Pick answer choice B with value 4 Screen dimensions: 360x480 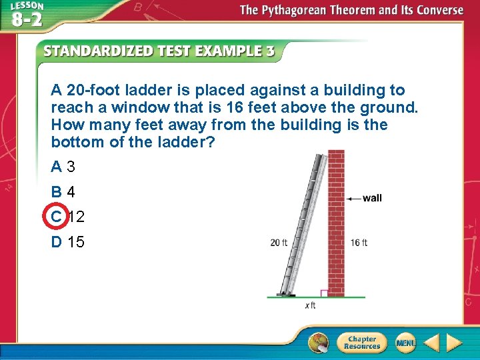click(x=63, y=192)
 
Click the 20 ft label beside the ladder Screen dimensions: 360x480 click(x=279, y=243)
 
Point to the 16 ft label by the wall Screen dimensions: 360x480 click(x=359, y=243)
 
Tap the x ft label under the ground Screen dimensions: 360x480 click(x=310, y=305)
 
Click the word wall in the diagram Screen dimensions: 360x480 click(x=372, y=198)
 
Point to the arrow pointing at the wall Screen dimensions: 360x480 click(x=353, y=198)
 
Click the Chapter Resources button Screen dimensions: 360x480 click(x=361, y=342)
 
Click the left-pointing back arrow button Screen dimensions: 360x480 click(x=432, y=343)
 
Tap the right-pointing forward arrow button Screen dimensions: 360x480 click(x=455, y=343)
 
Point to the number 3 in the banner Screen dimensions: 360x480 click(x=270, y=51)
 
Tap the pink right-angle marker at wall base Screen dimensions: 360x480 click(x=324, y=293)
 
